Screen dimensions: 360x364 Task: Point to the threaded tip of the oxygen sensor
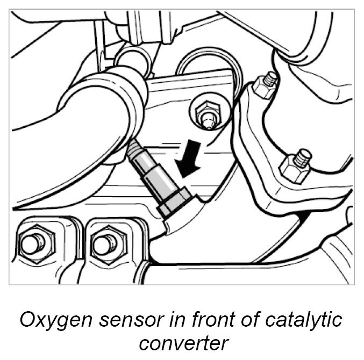(134, 147)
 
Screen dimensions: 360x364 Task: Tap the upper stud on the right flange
(268, 81)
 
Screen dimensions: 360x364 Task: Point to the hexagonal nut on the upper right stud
(263, 87)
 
